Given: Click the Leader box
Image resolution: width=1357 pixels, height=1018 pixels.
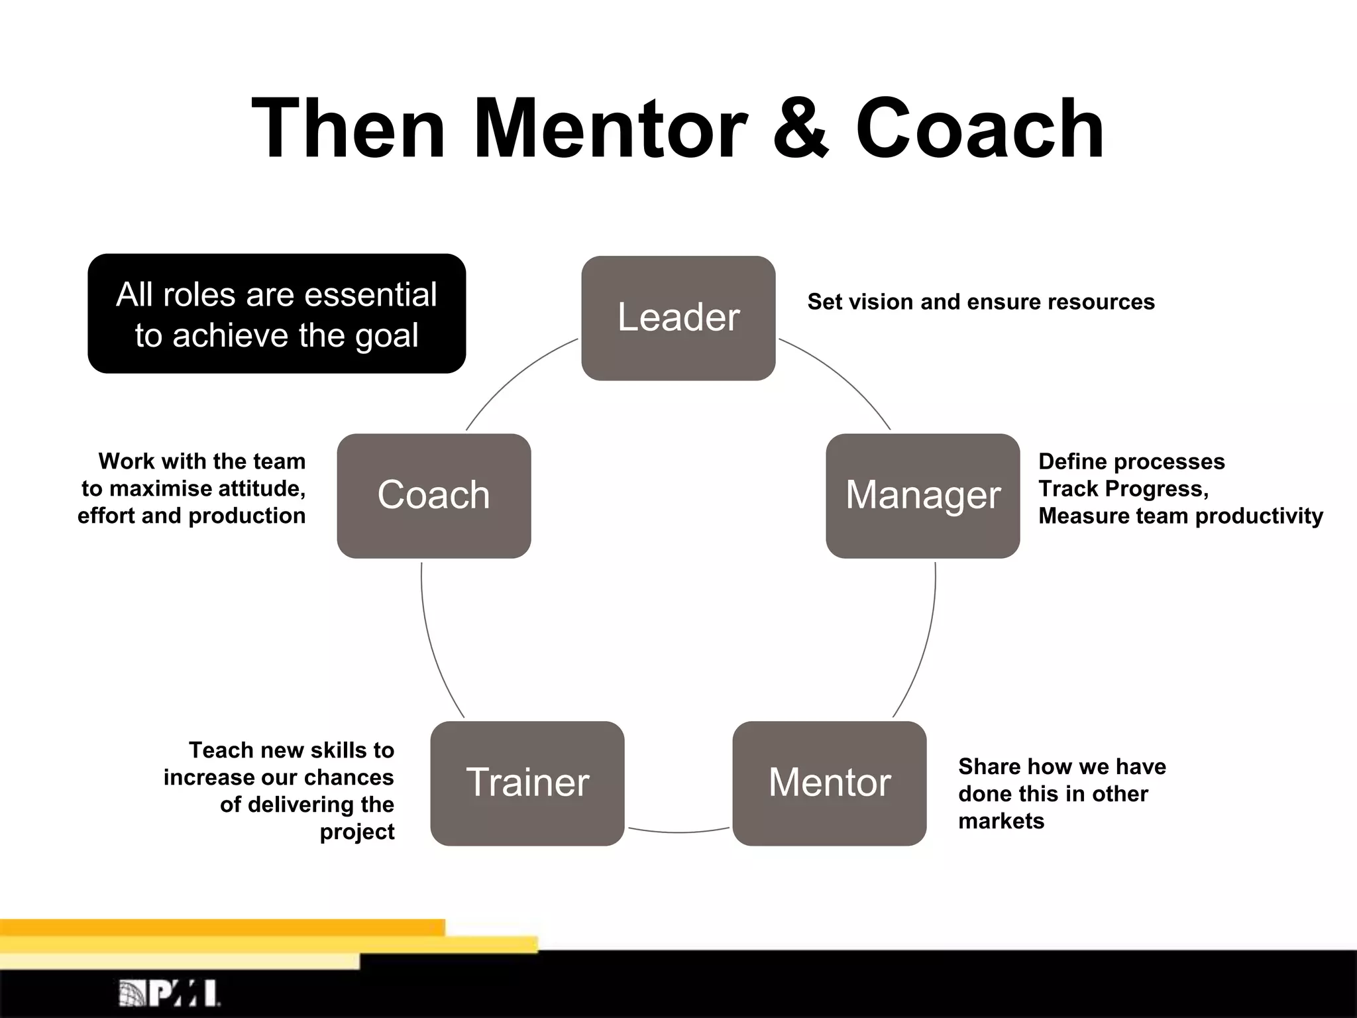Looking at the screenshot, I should pyautogui.click(x=678, y=318).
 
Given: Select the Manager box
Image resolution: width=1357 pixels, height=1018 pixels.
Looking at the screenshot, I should pyautogui.click(x=922, y=496).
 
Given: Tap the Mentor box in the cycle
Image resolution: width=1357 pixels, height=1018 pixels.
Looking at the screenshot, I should pyautogui.click(x=829, y=783).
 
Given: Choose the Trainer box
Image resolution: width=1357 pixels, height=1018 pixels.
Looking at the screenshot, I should pyautogui.click(x=527, y=783).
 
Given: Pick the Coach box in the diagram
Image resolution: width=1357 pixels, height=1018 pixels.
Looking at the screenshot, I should pyautogui.click(x=433, y=496).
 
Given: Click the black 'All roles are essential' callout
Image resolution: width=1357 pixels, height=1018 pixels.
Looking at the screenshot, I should pyautogui.click(x=276, y=313).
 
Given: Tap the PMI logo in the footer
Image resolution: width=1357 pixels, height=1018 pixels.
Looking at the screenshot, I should pyautogui.click(x=170, y=993).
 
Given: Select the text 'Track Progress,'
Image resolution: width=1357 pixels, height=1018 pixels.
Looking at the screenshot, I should pyautogui.click(x=1123, y=488).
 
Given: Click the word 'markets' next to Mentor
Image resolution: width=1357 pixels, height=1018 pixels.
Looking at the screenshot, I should pyautogui.click(x=1001, y=821).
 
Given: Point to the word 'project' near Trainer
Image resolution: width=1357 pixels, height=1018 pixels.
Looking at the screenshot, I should pyautogui.click(x=356, y=832).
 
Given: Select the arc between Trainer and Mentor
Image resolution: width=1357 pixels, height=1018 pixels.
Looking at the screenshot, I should pyautogui.click(x=678, y=832).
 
